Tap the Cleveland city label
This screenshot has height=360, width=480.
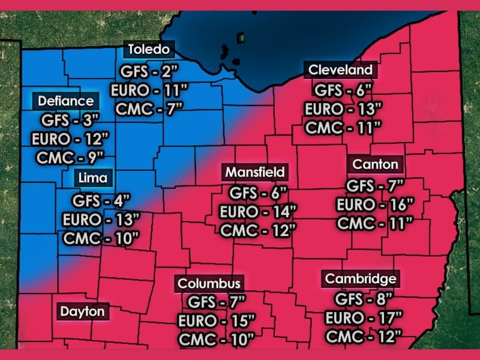pyautogui.click(x=340, y=70)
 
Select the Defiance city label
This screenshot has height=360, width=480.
pyautogui.click(x=66, y=101)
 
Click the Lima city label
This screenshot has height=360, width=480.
pyautogui.click(x=92, y=178)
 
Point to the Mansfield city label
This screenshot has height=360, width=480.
pyautogui.click(x=254, y=172)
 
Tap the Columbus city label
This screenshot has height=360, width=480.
pyautogui.click(x=209, y=283)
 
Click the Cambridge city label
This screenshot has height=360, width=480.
pyautogui.click(x=360, y=279)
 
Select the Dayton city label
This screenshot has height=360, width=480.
pyautogui.click(x=82, y=312)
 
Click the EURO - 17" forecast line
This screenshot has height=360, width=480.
pyautogui.click(x=363, y=316)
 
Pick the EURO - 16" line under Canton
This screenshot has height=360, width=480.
pyautogui.click(x=375, y=205)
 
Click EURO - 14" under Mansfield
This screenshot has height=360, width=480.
pyautogui.click(x=258, y=211)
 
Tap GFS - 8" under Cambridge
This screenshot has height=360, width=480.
pyautogui.click(x=363, y=298)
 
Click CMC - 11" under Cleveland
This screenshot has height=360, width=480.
pyautogui.click(x=343, y=127)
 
